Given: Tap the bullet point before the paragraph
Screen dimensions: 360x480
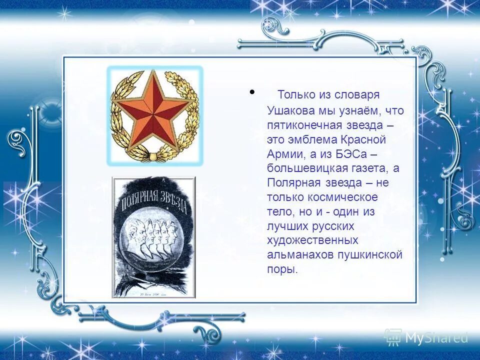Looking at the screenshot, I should click(x=252, y=92).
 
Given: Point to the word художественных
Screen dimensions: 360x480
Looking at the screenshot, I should click(x=312, y=240).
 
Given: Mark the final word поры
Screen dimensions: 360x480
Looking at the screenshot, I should click(x=282, y=269).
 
